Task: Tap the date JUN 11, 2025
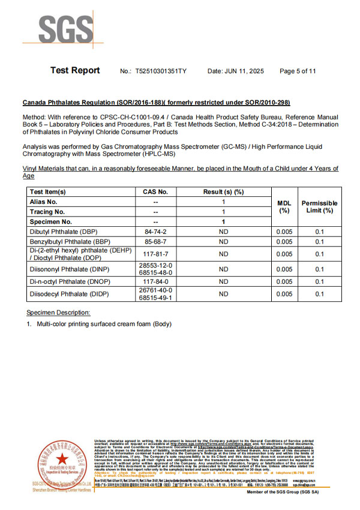tap(236, 71)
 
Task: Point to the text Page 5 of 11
tap(298, 71)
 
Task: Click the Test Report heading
tap(75, 71)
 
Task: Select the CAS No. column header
tap(156, 192)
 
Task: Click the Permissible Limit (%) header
tap(319, 206)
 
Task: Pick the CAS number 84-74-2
tap(156, 231)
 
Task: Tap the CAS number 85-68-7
tap(156, 242)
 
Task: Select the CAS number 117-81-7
tap(156, 254)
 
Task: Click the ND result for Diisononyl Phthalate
tap(224, 269)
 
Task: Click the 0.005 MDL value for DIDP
tap(284, 294)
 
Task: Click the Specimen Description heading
tap(58, 313)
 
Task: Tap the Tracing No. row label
tap(47, 212)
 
